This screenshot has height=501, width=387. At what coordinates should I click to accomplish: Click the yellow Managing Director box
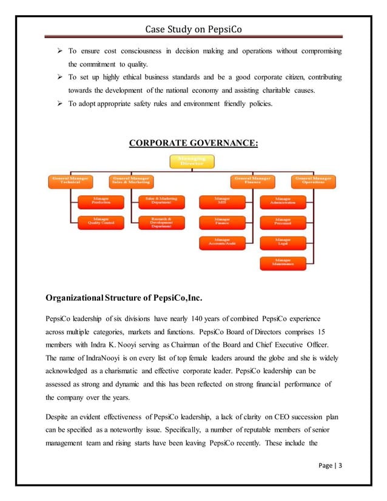pyautogui.click(x=191, y=161)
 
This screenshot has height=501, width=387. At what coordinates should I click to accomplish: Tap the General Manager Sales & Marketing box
pyautogui.click(x=131, y=181)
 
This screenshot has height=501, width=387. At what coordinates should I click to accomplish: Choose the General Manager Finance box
pyautogui.click(x=252, y=181)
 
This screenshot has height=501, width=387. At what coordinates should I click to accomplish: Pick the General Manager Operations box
pyautogui.click(x=313, y=181)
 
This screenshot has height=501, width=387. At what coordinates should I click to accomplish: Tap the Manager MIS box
pyautogui.click(x=222, y=201)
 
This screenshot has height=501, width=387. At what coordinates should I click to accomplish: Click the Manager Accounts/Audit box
pyautogui.click(x=222, y=243)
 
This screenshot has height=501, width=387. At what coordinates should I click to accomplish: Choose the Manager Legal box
pyautogui.click(x=282, y=243)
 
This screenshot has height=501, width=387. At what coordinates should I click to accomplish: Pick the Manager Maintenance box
pyautogui.click(x=282, y=263)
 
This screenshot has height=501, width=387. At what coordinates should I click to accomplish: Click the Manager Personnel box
pyautogui.click(x=282, y=222)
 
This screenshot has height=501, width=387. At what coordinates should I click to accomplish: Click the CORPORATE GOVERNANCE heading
pyautogui.click(x=193, y=143)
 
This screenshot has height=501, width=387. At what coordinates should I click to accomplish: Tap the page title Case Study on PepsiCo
pyautogui.click(x=193, y=29)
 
